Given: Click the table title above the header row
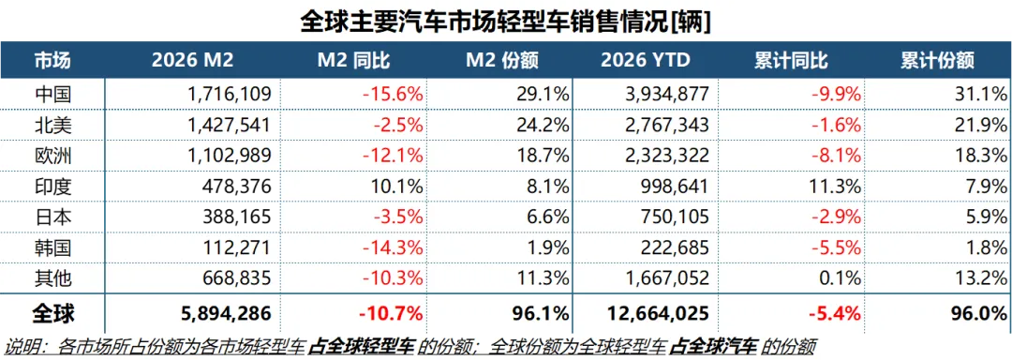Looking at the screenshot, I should [x=506, y=20].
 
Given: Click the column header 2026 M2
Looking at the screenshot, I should [x=192, y=61].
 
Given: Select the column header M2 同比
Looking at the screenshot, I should [x=354, y=61].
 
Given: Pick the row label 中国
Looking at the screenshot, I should [x=53, y=94].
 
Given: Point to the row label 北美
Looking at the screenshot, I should [x=53, y=125].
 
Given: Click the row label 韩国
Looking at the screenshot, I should [x=53, y=248].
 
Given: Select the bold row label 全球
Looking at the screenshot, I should [x=53, y=312].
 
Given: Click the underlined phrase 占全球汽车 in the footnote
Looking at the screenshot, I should [x=712, y=347].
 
